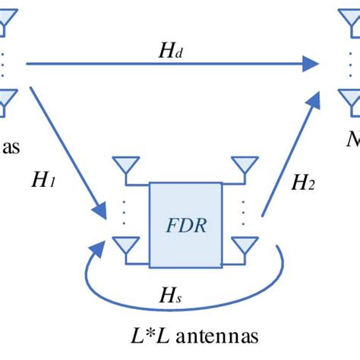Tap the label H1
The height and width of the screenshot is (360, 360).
tap(43, 181)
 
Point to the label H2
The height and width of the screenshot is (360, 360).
tap(302, 182)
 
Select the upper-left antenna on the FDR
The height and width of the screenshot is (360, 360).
tap(122, 166)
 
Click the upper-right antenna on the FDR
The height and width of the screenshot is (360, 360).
tap(245, 166)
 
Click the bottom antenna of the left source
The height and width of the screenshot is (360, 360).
tap(5, 99)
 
